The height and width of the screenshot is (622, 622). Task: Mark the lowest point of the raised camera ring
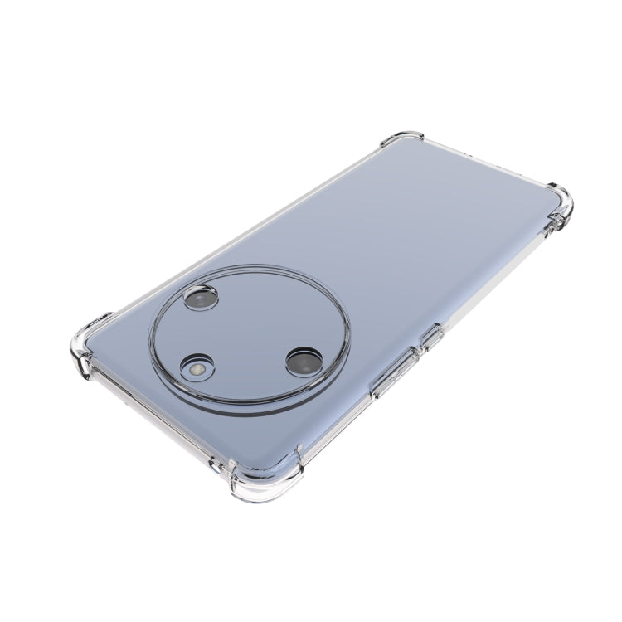[x=241, y=412]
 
